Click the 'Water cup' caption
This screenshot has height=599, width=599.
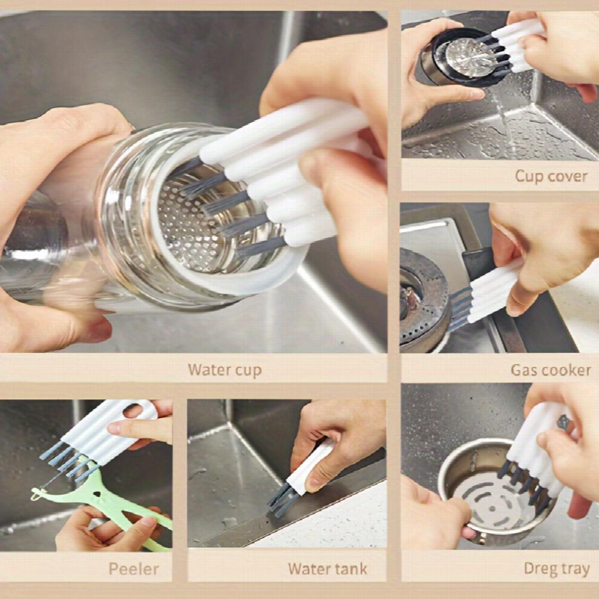coord(224,370)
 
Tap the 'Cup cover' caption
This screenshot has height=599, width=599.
coord(551,176)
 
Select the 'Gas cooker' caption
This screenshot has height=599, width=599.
coord(551,370)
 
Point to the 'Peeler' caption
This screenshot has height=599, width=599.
coord(134,569)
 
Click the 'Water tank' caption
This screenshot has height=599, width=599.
coord(327,569)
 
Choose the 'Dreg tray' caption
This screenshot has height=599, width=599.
coord(557,569)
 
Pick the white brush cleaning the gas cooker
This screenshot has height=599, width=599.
coord(493,292)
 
